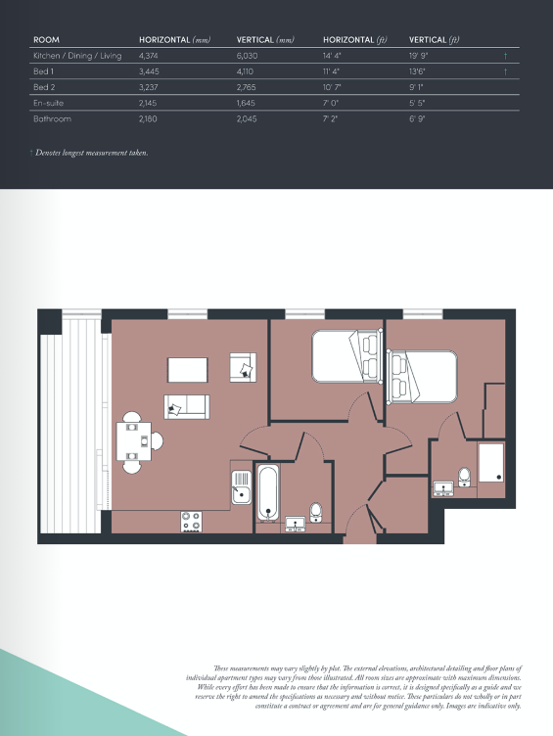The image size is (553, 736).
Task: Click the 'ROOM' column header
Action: [x=46, y=40]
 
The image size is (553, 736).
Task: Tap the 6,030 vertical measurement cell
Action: [x=250, y=56]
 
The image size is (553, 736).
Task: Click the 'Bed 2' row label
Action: [x=44, y=87]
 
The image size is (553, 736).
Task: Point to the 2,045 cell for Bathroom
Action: [x=250, y=118]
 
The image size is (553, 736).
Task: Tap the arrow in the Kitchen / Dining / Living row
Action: [x=505, y=56]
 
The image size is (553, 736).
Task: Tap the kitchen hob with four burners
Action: [x=190, y=522]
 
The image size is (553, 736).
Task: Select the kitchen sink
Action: [x=242, y=486]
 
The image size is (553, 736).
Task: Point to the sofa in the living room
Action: [x=186, y=406]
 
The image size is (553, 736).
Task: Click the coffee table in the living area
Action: [x=187, y=370]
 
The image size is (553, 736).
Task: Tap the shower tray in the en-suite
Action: [x=489, y=462]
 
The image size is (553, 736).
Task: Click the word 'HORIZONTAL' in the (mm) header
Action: [x=164, y=40]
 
